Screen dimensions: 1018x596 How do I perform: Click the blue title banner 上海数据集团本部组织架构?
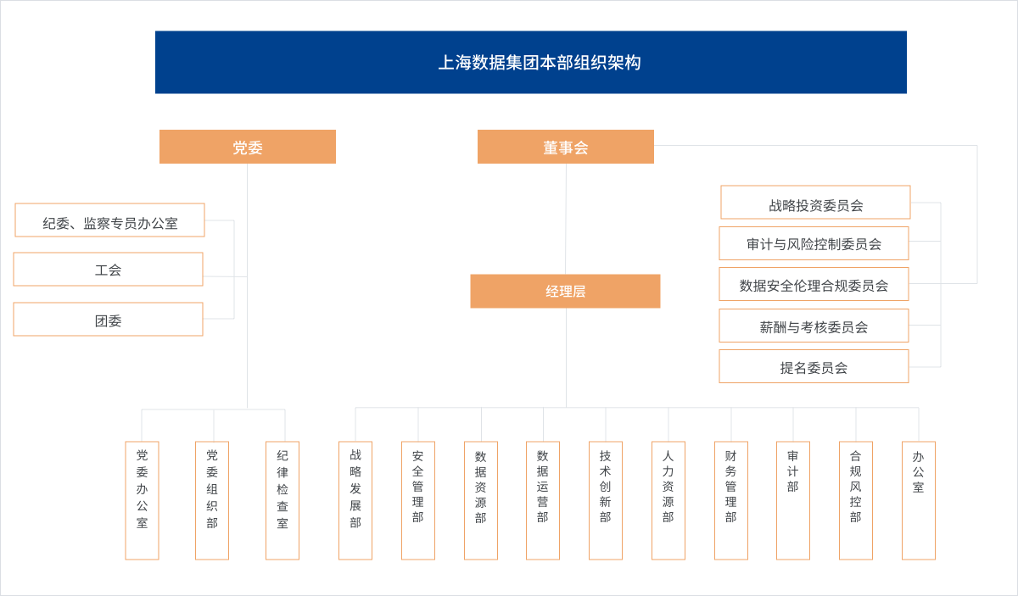(x=531, y=62)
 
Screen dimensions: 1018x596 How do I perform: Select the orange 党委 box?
(x=248, y=147)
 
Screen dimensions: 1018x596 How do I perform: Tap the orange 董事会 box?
(x=566, y=147)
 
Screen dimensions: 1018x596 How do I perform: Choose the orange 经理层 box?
(x=565, y=291)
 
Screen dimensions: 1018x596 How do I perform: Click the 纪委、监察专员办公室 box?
(x=109, y=220)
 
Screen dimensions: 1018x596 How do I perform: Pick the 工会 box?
(x=109, y=270)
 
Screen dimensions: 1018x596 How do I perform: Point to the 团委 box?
(x=109, y=320)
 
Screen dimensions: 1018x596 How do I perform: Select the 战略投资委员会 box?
(x=816, y=202)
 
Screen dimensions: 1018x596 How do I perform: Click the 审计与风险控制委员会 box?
(x=814, y=243)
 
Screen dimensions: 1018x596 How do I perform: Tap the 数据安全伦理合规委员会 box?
(x=814, y=284)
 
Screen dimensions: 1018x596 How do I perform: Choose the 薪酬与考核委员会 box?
(x=814, y=326)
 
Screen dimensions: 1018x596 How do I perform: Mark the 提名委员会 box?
(x=814, y=366)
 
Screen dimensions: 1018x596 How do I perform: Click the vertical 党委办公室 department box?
(x=143, y=500)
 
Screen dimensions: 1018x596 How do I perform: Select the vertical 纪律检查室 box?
(x=282, y=500)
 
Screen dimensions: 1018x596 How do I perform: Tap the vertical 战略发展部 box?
(x=355, y=500)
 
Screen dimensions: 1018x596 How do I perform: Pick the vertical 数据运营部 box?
(x=543, y=500)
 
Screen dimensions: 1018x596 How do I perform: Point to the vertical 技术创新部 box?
(x=606, y=500)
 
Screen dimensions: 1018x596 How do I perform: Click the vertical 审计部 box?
(x=793, y=500)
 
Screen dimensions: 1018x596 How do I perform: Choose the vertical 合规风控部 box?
(x=856, y=500)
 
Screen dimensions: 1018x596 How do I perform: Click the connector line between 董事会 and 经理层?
(x=566, y=219)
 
